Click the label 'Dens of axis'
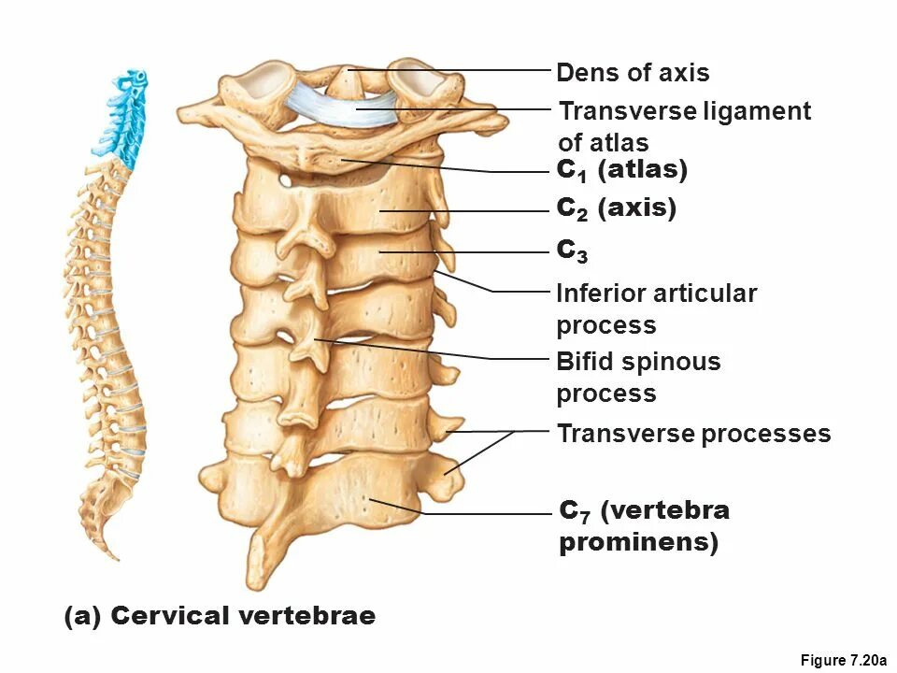(x=632, y=73)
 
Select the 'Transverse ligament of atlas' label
(x=684, y=126)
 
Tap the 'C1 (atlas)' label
(x=621, y=170)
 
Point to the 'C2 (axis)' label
(x=616, y=208)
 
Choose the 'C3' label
(x=566, y=251)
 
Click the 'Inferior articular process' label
(x=656, y=308)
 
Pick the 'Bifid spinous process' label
(x=638, y=377)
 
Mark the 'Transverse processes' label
(x=693, y=434)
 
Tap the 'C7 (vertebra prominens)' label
(x=645, y=526)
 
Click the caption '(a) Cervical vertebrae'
(x=220, y=616)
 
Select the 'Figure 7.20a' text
(x=843, y=661)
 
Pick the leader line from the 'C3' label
(x=486, y=252)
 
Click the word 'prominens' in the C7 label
(x=638, y=543)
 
